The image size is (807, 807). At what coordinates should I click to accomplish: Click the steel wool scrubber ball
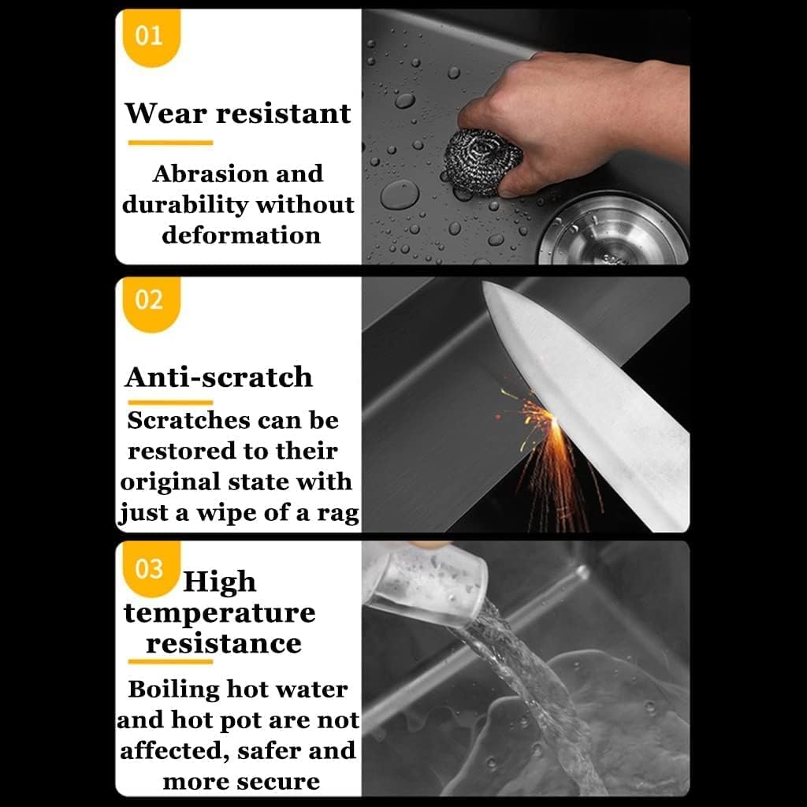click(483, 162)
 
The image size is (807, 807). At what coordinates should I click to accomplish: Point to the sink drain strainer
click(615, 230)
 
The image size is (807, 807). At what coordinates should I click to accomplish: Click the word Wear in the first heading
click(165, 113)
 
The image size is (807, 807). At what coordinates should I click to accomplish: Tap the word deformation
click(241, 235)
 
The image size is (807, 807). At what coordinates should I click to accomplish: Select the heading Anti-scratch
click(219, 377)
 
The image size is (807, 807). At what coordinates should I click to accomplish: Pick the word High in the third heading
click(220, 582)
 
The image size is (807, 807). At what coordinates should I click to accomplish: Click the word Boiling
click(173, 690)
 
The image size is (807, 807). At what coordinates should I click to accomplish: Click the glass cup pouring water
click(425, 584)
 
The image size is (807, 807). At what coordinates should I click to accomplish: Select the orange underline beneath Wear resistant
click(170, 143)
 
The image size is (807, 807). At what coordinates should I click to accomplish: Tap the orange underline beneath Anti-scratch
click(170, 403)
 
